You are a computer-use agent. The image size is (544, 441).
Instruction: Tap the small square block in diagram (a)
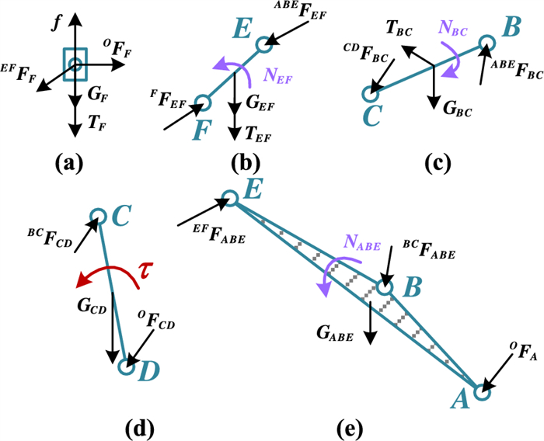(75, 64)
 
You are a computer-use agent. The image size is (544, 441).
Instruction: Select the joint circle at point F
(202, 102)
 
